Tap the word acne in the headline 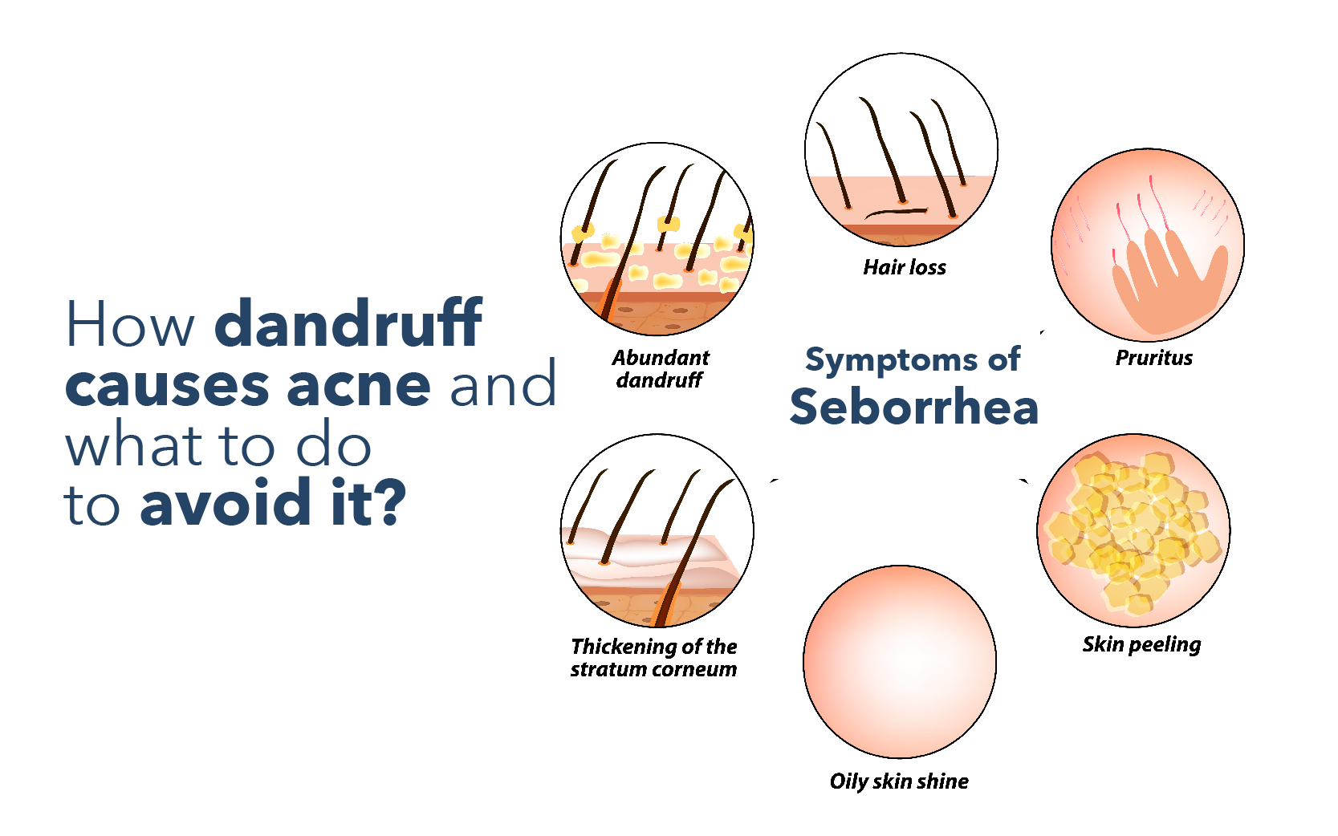[x=359, y=385]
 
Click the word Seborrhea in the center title [x=914, y=408]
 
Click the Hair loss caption [x=905, y=267]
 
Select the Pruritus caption [x=1154, y=358]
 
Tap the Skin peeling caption [x=1141, y=644]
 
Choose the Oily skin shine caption [x=899, y=781]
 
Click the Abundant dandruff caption [x=660, y=368]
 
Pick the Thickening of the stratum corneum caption [x=653, y=657]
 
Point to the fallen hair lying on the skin [x=896, y=213]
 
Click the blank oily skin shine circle [x=900, y=662]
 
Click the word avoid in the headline [x=225, y=502]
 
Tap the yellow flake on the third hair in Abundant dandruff [x=669, y=224]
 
